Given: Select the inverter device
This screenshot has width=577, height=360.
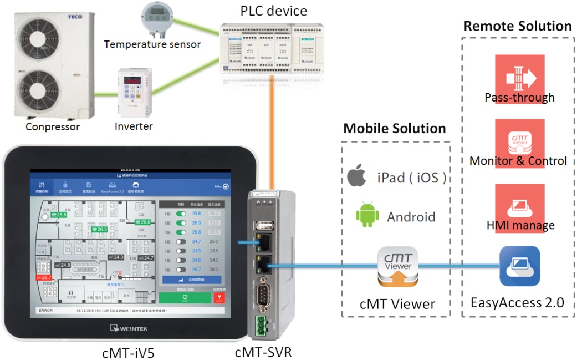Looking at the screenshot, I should click(x=133, y=92).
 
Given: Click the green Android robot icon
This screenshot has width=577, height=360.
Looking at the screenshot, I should click(x=366, y=215).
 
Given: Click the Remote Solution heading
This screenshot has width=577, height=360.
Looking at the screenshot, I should click(x=517, y=26).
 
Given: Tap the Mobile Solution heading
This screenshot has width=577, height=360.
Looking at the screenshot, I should click(x=394, y=129).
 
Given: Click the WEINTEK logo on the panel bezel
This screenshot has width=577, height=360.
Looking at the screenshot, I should click(x=134, y=328).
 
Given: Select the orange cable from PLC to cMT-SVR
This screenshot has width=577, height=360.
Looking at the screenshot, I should click(x=273, y=133).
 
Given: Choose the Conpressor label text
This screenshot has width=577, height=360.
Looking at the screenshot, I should click(x=53, y=127).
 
